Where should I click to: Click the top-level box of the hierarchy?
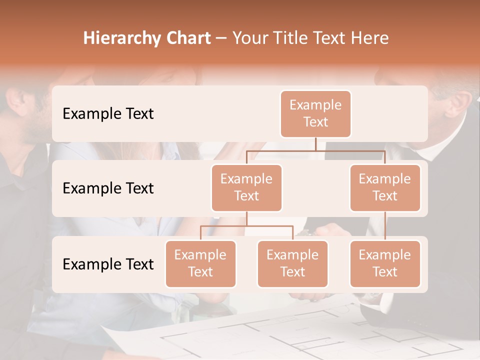tap(315, 113)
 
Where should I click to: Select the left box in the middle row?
tap(246, 187)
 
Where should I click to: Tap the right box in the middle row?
tap(385, 187)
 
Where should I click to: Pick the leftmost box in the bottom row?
tap(200, 263)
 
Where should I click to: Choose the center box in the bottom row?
tap(292, 263)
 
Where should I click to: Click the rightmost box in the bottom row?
tap(385, 263)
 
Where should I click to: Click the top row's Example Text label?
tap(108, 113)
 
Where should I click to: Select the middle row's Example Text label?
tap(108, 188)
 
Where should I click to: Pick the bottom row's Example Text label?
tap(108, 264)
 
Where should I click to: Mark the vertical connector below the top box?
tap(315, 144)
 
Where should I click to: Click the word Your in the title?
tap(250, 38)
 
